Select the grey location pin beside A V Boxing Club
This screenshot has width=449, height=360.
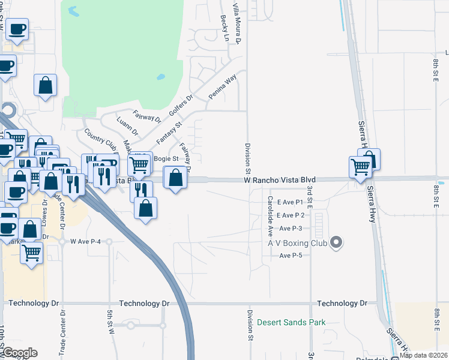coord(336,243)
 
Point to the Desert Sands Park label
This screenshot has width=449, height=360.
coord(291,322)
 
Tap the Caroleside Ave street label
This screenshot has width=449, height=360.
coord(271,215)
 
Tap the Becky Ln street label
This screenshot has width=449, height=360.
coord(226,28)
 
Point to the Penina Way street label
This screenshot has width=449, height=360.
coord(223,88)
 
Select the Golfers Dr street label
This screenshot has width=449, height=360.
coord(181,106)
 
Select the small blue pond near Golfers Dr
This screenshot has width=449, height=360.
coord(160,77)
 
